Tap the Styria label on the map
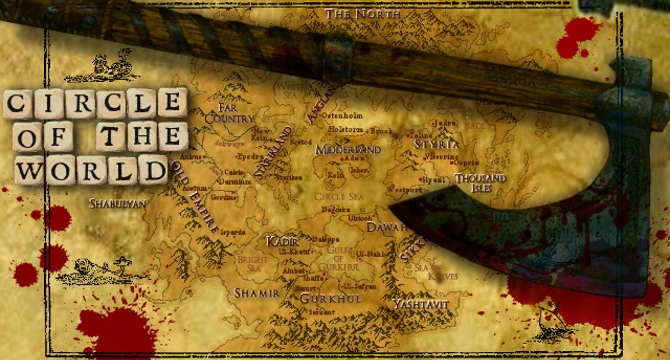tap(436, 145)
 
